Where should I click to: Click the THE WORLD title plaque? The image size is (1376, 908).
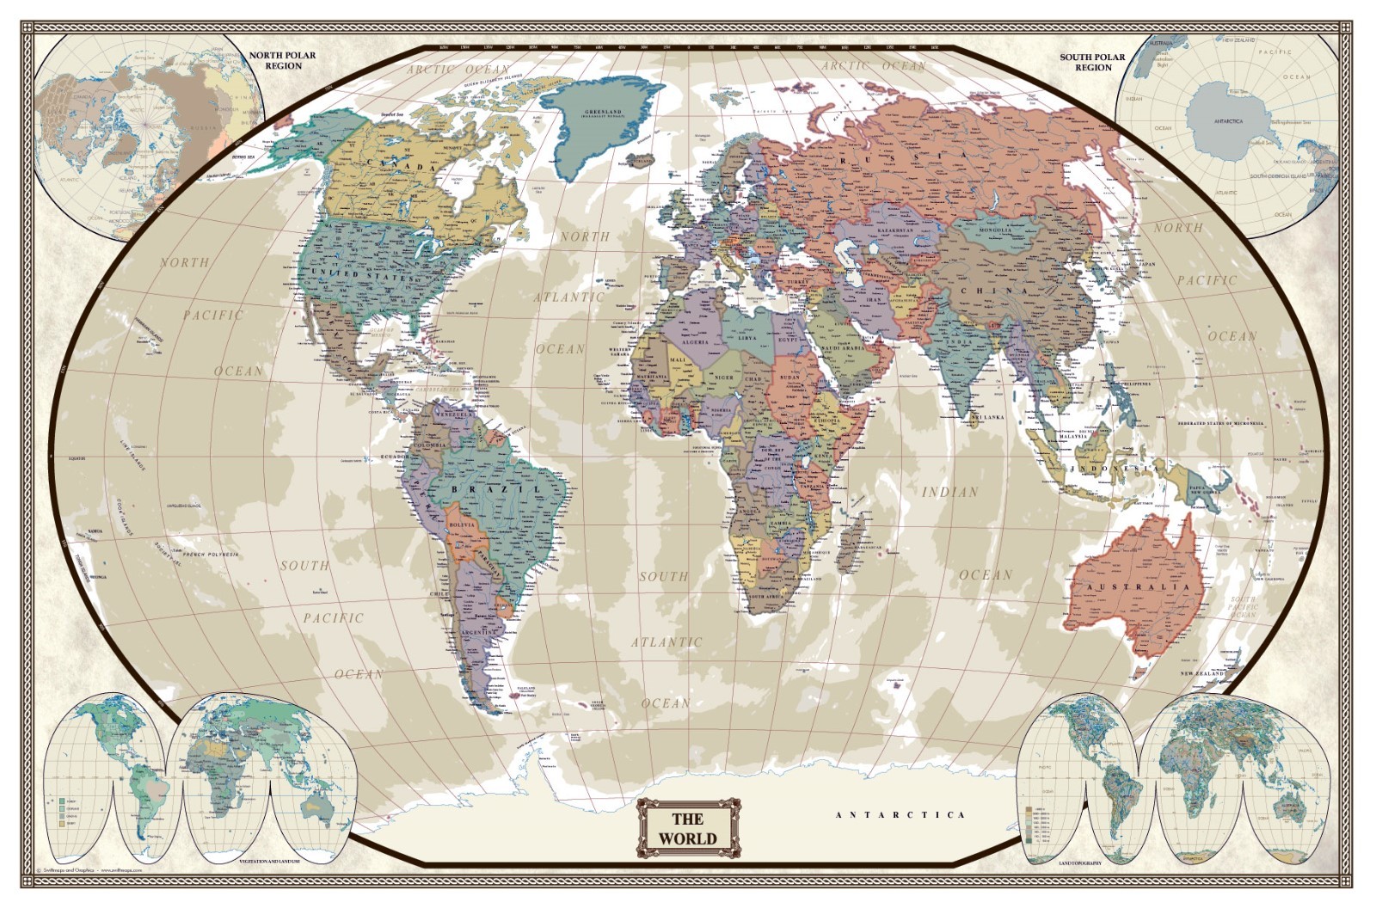(x=688, y=828)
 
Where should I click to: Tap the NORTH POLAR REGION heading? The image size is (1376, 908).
(x=283, y=60)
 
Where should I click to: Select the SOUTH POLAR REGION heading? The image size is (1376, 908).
(x=1092, y=62)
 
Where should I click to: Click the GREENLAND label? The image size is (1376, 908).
(x=603, y=113)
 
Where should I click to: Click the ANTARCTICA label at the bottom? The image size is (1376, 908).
(x=900, y=814)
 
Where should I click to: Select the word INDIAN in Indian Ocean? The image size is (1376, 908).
(x=949, y=492)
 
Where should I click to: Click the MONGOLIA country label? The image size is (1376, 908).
(x=995, y=230)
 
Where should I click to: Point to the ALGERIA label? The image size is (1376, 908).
(x=695, y=341)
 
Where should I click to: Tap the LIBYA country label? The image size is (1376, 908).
(x=747, y=338)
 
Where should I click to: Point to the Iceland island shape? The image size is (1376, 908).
(x=642, y=160)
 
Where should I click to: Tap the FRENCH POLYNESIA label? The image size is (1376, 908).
(x=210, y=555)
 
